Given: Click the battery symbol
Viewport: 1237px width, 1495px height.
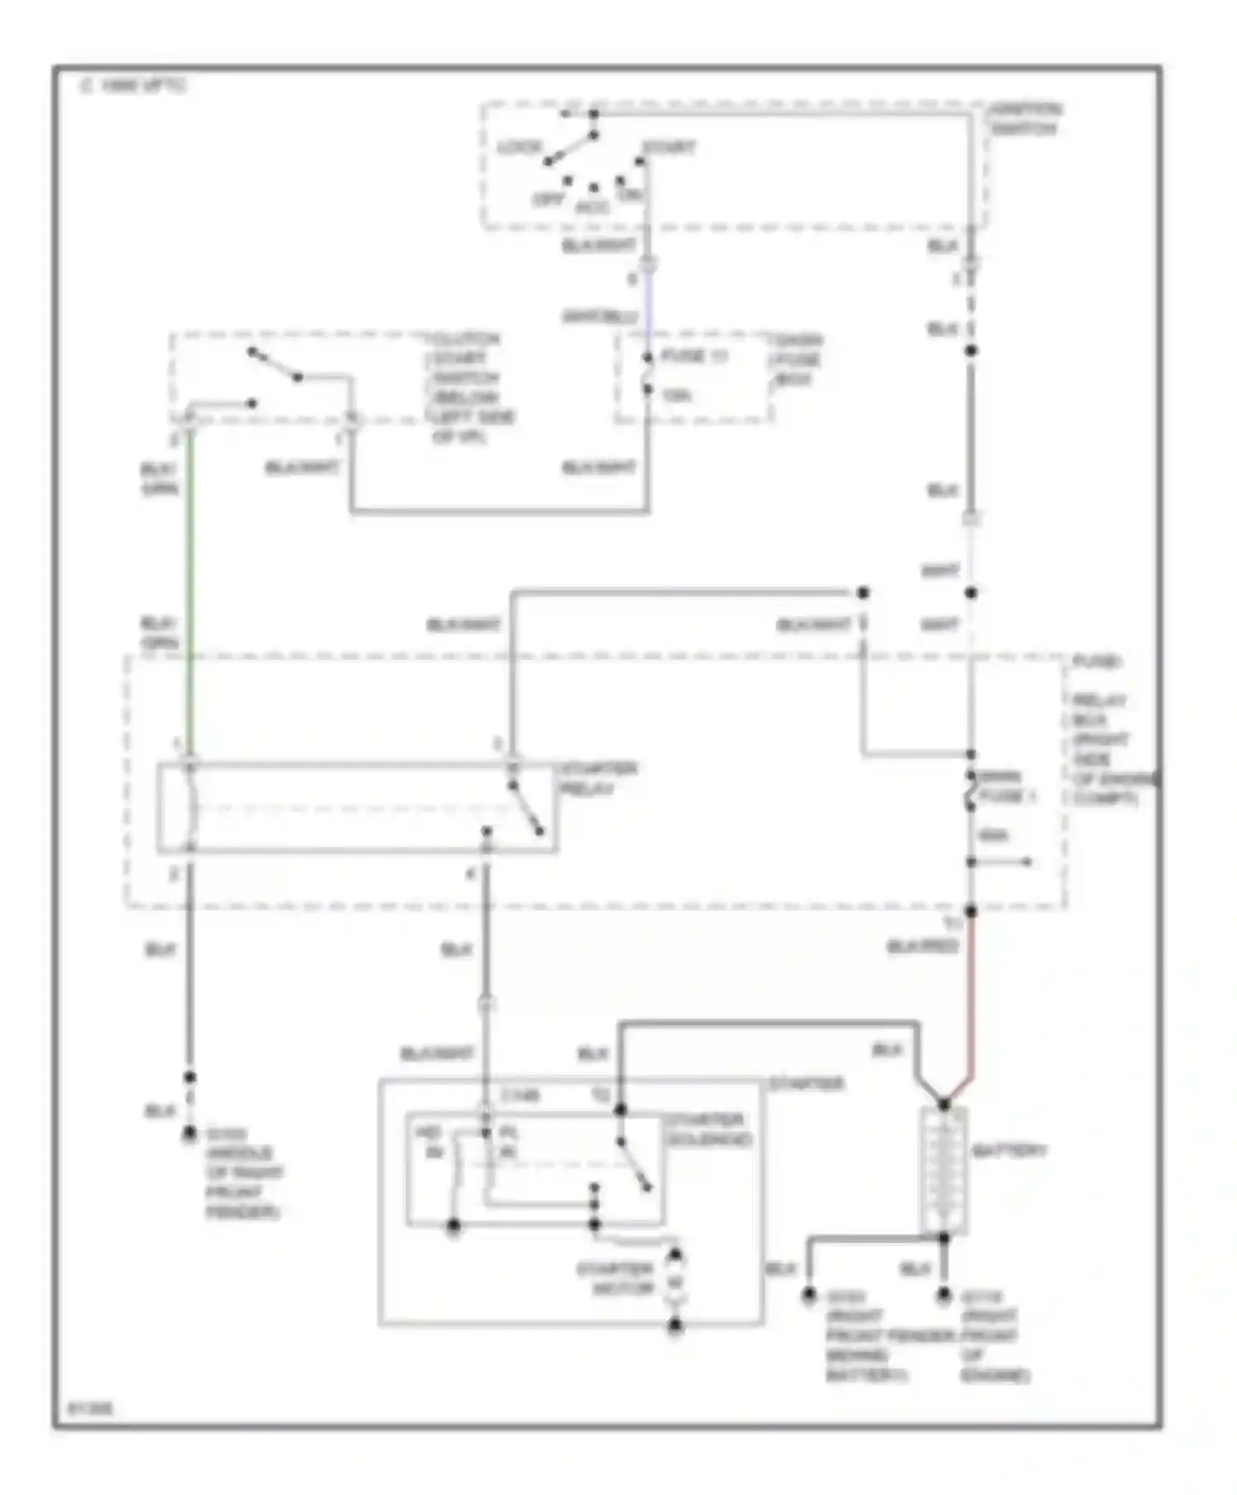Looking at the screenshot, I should [x=943, y=1169].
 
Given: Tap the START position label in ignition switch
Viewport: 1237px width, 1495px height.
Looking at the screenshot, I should [x=669, y=148].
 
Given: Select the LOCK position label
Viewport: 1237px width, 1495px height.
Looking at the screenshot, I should [x=520, y=148].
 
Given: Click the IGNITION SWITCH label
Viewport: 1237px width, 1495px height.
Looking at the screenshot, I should [x=1025, y=119].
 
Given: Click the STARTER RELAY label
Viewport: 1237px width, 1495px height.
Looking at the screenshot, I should [x=599, y=779].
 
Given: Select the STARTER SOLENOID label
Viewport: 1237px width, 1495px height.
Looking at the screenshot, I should [x=708, y=1129].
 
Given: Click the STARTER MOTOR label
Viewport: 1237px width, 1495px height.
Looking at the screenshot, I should [x=614, y=1278].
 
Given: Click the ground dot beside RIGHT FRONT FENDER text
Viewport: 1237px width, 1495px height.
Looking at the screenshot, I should [x=190, y=1134].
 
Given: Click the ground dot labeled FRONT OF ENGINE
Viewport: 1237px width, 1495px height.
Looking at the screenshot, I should [x=943, y=1296].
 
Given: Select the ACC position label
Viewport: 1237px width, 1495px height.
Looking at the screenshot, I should [x=592, y=208].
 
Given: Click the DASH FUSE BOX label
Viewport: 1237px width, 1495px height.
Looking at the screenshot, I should [x=795, y=359].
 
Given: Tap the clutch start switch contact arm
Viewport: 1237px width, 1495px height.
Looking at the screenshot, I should [x=275, y=365].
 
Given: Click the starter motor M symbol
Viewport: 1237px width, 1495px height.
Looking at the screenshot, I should [x=675, y=1282].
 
